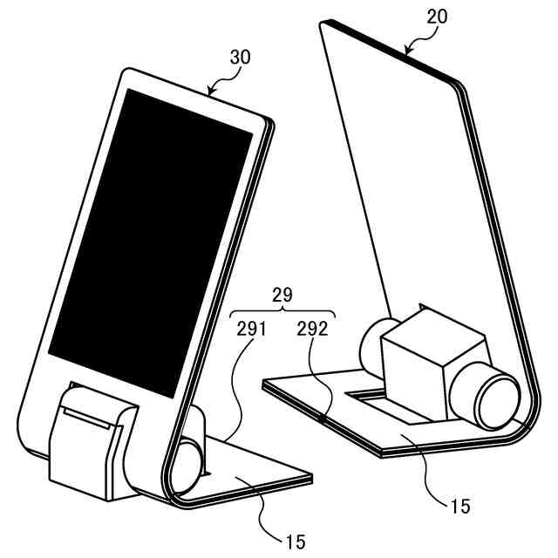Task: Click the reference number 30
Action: pyautogui.click(x=240, y=58)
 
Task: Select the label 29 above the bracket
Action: pyautogui.click(x=282, y=296)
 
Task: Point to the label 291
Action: pyautogui.click(x=251, y=330)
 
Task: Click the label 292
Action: pyautogui.click(x=312, y=330)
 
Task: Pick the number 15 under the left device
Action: pyautogui.click(x=295, y=541)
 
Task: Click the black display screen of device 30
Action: pyautogui.click(x=148, y=235)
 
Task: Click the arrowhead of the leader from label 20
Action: pyautogui.click(x=407, y=51)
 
